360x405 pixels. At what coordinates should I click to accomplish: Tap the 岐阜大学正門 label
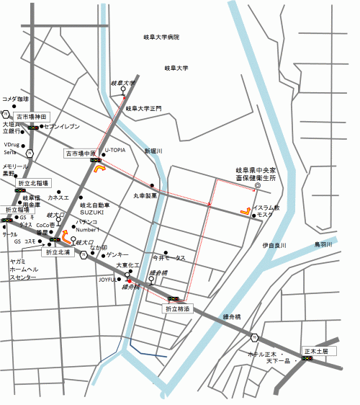143,108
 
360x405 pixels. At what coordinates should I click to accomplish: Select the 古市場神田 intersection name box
31,116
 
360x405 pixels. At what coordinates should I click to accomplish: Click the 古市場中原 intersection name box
81,153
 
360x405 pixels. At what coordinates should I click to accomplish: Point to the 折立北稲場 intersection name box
33,184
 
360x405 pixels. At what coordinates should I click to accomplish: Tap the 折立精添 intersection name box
177,308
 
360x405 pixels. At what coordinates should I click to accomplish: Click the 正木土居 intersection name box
315,351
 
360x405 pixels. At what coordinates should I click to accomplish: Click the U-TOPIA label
115,151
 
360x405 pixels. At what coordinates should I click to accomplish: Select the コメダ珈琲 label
15,99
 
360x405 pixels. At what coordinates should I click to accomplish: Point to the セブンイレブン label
60,127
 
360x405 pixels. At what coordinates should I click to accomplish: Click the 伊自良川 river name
274,245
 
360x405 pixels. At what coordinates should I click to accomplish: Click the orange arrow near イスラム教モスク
246,212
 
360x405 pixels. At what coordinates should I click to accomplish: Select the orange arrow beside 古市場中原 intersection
99,170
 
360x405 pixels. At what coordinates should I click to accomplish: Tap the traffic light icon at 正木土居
307,359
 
